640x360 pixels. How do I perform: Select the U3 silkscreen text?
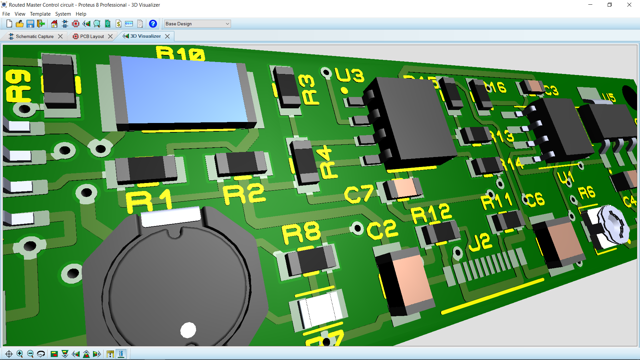349,75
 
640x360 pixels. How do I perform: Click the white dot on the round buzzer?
188,330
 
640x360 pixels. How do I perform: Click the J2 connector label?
480,242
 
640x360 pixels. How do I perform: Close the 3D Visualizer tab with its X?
167,36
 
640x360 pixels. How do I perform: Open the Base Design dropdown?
197,24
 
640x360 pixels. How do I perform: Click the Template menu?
40,14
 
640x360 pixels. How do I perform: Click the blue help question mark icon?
153,24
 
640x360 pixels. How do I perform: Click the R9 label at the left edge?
18,86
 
